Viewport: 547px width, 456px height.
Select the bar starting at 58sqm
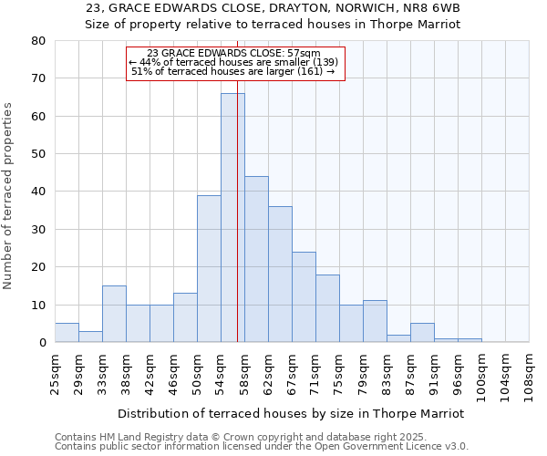(256, 259)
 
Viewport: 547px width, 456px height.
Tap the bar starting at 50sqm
(209, 268)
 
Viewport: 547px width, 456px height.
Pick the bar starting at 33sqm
(114, 314)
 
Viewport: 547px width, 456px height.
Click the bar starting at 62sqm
(280, 274)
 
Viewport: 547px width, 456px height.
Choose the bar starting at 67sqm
(304, 296)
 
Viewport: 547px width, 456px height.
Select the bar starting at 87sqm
(422, 333)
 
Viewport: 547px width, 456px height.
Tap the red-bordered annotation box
(235, 63)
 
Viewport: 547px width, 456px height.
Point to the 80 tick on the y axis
(38, 41)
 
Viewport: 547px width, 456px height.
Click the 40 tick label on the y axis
(38, 192)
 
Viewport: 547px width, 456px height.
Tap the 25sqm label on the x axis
(55, 372)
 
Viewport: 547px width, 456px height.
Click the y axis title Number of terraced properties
(8, 195)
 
